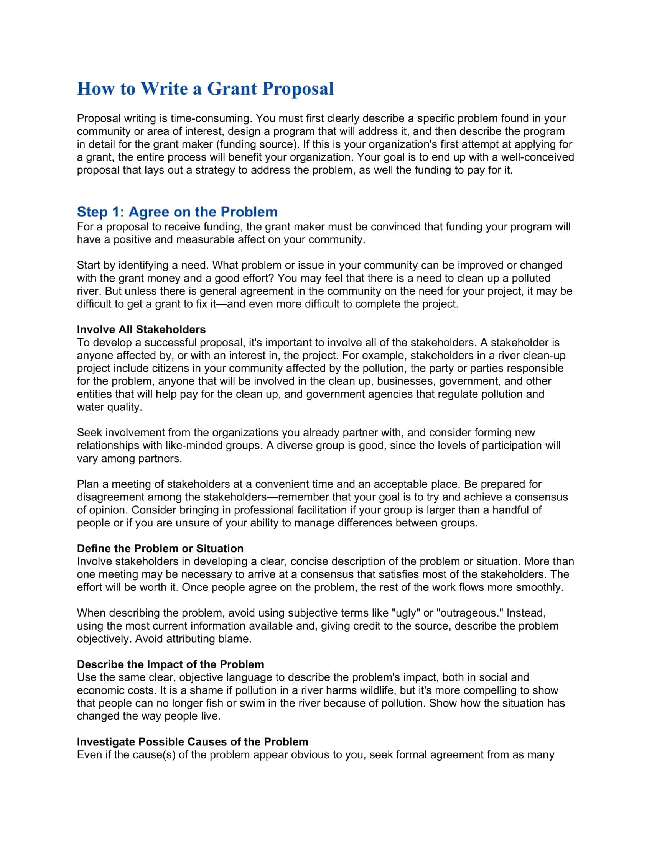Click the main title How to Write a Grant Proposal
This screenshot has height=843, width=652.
pyautogui.click(x=205, y=89)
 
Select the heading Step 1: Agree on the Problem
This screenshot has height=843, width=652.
pyautogui.click(x=177, y=212)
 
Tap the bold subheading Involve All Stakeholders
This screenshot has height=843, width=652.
pyautogui.click(x=141, y=329)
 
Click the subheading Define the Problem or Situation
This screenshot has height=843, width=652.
pyautogui.click(x=160, y=548)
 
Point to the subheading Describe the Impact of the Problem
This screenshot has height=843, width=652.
pyautogui.click(x=170, y=664)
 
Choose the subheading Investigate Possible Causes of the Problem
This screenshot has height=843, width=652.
pyautogui.click(x=193, y=741)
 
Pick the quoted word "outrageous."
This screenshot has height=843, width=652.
pyautogui.click(x=468, y=613)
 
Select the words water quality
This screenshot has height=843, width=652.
pyautogui.click(x=109, y=407)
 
